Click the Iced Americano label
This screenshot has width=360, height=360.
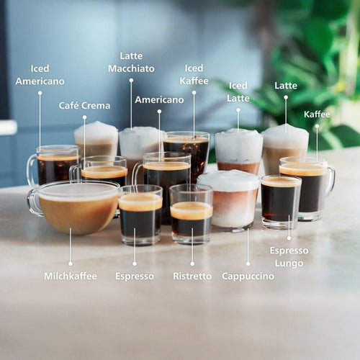(40, 75)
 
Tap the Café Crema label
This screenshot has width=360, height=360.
(84, 106)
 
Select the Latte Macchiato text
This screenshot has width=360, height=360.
(131, 62)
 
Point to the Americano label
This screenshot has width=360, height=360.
(159, 99)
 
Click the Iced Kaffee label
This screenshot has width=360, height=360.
(194, 74)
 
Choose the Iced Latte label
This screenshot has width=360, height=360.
(238, 91)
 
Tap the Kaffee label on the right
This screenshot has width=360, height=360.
(317, 114)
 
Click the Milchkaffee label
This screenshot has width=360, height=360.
(70, 276)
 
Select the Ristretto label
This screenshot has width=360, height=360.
(192, 276)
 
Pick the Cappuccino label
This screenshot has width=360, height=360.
(248, 276)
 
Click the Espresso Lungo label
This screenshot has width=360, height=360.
(289, 257)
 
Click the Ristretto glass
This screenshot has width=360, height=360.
(191, 215)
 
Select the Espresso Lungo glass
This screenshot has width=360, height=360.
(281, 202)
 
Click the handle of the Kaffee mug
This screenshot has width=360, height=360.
(330, 179)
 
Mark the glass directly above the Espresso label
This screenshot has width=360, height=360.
(140, 215)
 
